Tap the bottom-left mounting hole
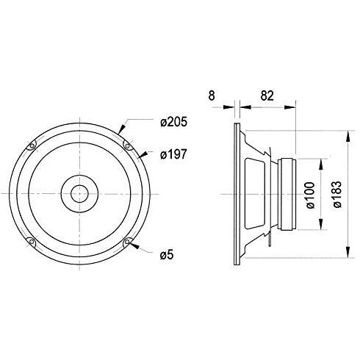31,242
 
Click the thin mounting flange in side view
234,194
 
